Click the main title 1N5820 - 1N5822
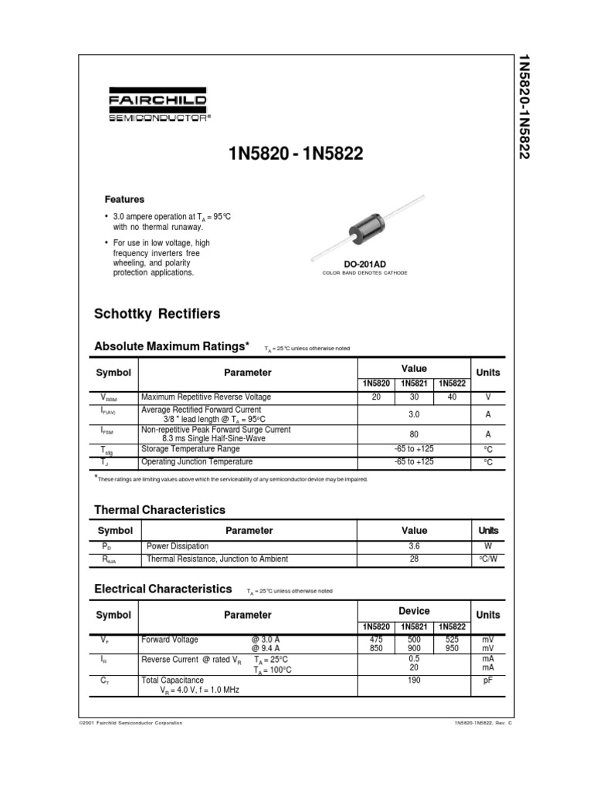296,157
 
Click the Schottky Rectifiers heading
157,314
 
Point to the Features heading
124,199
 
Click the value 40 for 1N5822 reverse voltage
452,397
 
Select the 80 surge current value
414,434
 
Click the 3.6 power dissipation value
414,546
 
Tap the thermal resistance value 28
414,559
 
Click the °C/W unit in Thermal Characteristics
487,559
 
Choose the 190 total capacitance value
414,681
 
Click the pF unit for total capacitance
487,681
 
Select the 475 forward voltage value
375,640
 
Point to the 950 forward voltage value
452,650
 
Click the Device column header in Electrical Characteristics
414,610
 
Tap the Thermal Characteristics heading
160,510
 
